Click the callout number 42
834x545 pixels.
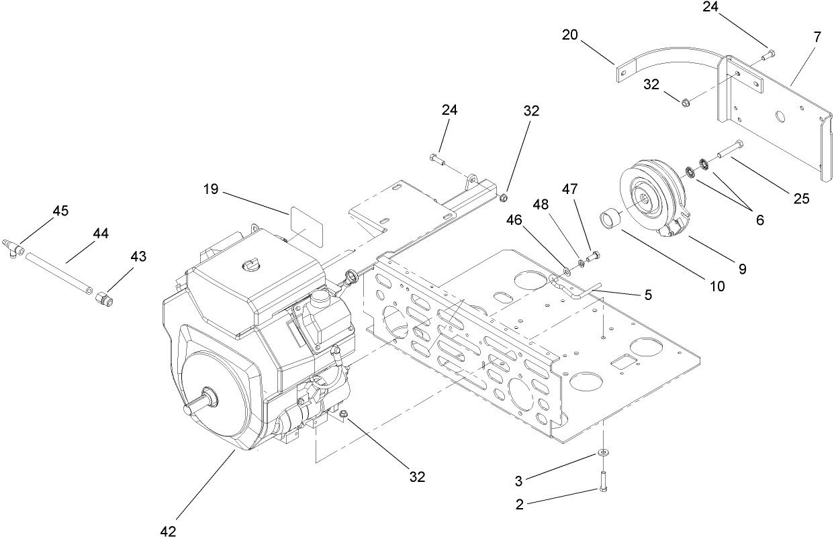tap(168, 531)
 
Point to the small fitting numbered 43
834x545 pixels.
tap(104, 297)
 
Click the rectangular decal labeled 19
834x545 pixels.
tap(304, 226)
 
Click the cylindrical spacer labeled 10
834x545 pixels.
tap(611, 219)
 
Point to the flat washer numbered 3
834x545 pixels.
tap(603, 454)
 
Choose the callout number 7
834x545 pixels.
tap(817, 38)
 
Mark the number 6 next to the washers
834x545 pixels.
tap(760, 219)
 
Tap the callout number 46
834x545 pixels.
tap(513, 219)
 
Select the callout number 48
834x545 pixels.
tap(541, 204)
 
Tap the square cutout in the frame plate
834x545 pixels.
tap(621, 360)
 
